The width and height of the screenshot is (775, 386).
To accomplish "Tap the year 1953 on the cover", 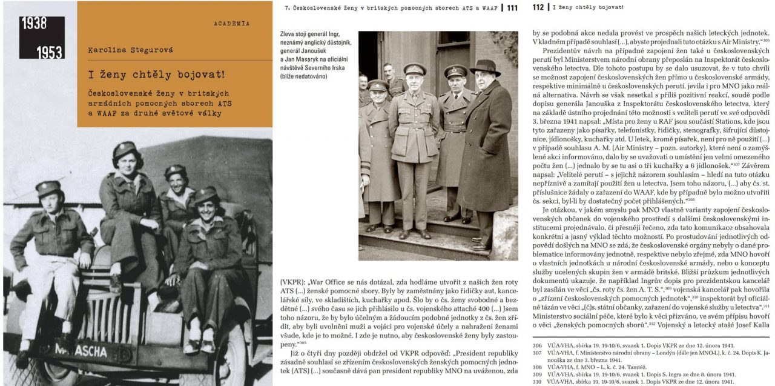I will click(x=50, y=52).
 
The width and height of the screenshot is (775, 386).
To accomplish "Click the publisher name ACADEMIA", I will click(x=231, y=24).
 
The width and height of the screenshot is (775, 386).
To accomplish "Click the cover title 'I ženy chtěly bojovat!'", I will click(x=157, y=75).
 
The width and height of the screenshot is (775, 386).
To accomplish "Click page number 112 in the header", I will click(x=538, y=7).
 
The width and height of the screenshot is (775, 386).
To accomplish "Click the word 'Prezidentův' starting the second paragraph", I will click(x=562, y=51).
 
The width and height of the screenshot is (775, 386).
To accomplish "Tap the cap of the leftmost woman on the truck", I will click(x=48, y=187).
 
